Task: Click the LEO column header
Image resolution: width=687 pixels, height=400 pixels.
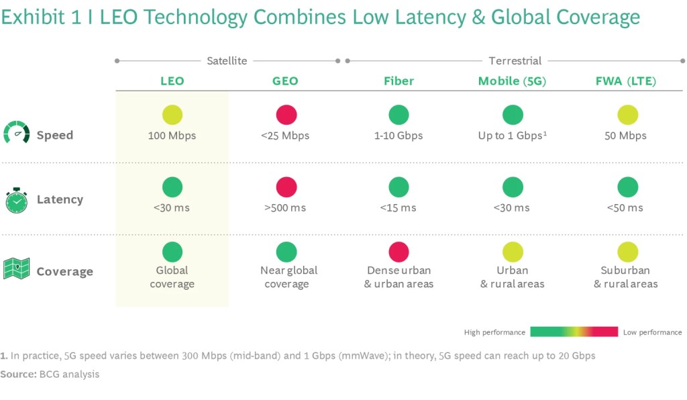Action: point(172,81)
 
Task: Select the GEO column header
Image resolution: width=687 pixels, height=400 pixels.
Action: point(285,81)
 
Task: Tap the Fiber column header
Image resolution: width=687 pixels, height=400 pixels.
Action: point(399,81)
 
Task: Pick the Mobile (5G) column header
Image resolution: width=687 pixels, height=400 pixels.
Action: point(512,81)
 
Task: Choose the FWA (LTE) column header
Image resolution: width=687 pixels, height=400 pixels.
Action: point(625,81)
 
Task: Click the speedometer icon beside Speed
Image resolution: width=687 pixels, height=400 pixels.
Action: point(17,133)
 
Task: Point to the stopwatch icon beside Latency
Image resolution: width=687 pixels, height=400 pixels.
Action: point(17,199)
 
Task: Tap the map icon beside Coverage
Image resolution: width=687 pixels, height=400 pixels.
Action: point(17,268)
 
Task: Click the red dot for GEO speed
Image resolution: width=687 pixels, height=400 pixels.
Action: point(286,115)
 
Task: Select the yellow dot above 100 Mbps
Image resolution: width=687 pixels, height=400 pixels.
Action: point(172,115)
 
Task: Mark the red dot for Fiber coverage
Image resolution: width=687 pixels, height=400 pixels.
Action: point(399,252)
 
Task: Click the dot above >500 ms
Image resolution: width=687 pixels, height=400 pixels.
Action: point(286,187)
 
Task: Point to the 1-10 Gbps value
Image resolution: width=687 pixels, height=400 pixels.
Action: point(399,136)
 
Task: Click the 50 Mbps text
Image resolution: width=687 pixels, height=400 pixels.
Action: point(625,136)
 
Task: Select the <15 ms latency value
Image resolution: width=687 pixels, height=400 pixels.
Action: point(399,208)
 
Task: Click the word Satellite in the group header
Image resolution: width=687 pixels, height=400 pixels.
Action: point(227,61)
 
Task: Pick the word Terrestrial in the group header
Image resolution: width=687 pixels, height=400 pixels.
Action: point(515,61)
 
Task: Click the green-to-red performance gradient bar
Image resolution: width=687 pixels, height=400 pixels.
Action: point(574,332)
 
